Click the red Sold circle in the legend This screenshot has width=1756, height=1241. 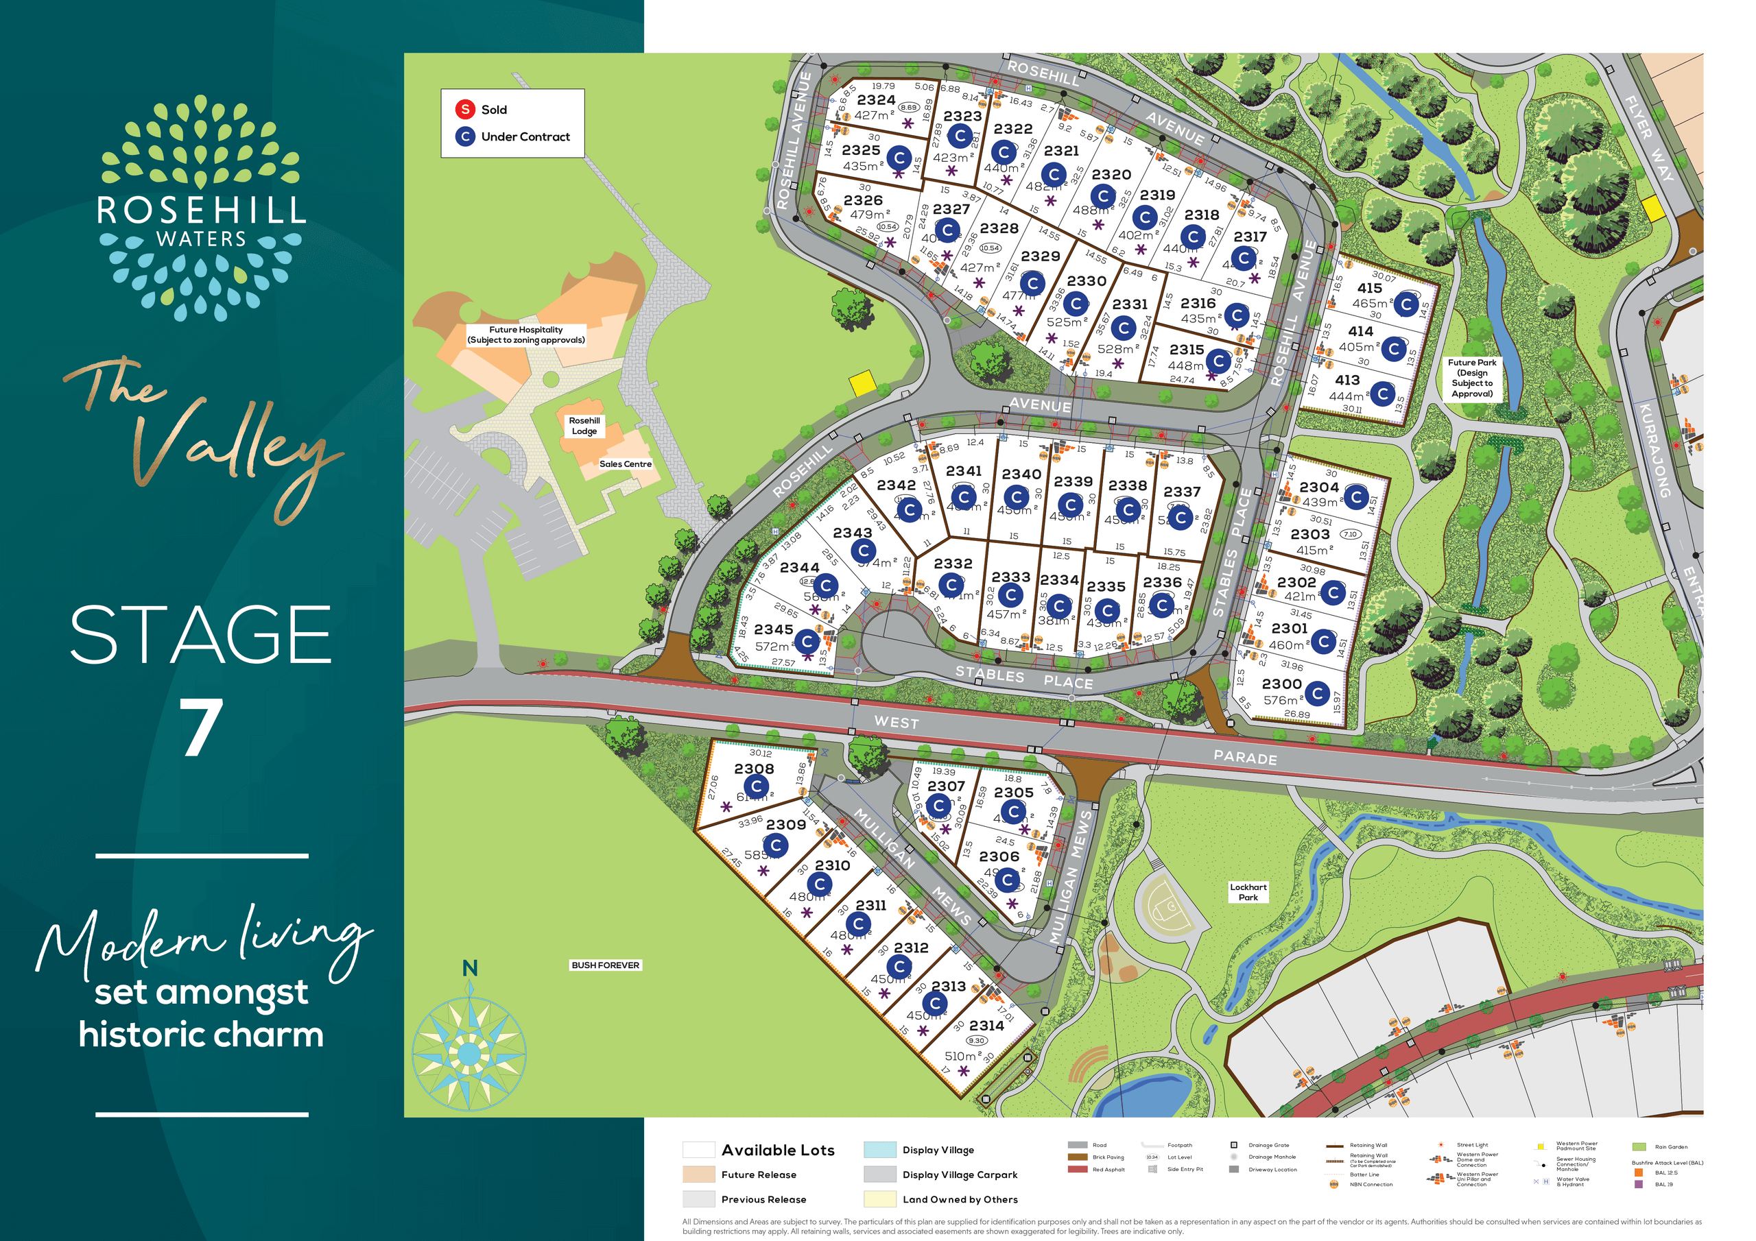(465, 109)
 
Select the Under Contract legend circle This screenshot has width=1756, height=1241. (465, 137)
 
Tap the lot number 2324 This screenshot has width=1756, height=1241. (876, 100)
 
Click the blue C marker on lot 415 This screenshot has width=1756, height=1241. (1406, 304)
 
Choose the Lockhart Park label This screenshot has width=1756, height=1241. (1248, 892)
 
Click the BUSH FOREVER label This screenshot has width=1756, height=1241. (605, 965)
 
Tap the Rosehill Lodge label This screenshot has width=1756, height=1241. (584, 426)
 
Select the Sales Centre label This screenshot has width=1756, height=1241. (625, 464)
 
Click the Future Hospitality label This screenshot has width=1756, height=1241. (526, 335)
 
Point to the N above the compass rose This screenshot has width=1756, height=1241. (470, 969)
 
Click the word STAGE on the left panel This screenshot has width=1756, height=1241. (200, 635)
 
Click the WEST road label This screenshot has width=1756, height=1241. (897, 722)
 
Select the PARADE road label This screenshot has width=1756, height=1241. (1245, 758)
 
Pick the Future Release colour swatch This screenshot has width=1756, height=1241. (698, 1174)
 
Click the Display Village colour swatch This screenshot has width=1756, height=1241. (879, 1150)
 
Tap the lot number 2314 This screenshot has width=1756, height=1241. (986, 1026)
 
